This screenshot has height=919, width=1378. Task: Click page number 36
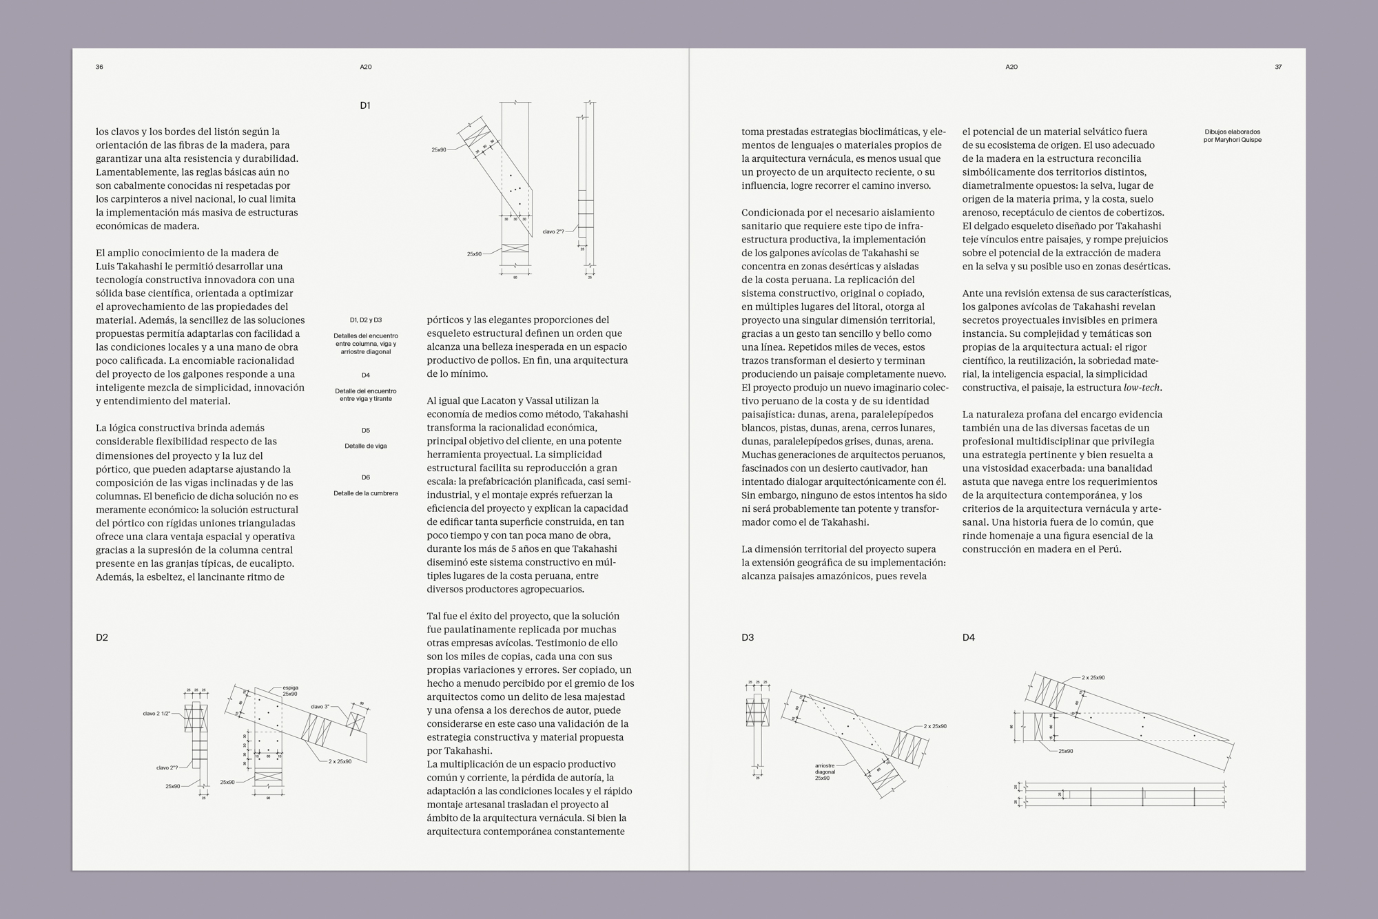click(99, 67)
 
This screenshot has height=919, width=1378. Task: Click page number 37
click(1278, 67)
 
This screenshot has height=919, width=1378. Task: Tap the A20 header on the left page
click(365, 67)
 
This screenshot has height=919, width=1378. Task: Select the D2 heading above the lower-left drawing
click(102, 637)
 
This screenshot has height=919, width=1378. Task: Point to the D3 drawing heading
click(748, 637)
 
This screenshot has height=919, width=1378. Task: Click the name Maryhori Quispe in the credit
click(1238, 140)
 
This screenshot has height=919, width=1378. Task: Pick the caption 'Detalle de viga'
click(365, 446)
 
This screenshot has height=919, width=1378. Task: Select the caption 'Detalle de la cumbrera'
click(365, 493)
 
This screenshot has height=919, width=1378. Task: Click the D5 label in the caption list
click(365, 431)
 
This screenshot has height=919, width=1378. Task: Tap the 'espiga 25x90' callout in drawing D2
click(290, 690)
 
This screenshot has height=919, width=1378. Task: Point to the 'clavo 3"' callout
click(320, 706)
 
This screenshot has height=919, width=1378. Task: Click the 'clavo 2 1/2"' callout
click(156, 714)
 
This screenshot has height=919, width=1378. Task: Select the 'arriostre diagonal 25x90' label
click(825, 772)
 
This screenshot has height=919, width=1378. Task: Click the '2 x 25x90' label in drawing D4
click(1093, 678)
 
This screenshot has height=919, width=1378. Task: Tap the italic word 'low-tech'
click(1142, 387)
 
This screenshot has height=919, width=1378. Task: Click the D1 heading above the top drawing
click(365, 105)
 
